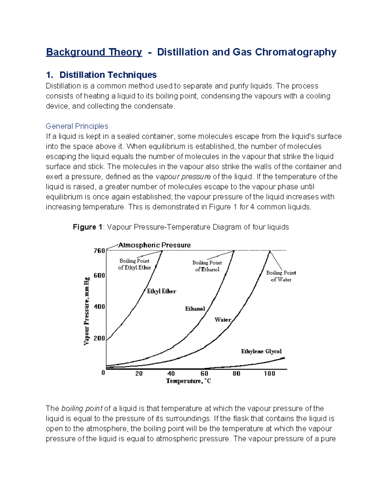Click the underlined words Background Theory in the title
(94, 52)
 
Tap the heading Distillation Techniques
(108, 75)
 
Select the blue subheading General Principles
(77, 126)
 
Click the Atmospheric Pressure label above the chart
(154, 245)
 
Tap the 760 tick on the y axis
(99, 251)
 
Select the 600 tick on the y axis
(99, 276)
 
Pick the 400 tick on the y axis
(99, 307)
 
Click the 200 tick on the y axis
(99, 338)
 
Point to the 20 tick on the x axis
(139, 374)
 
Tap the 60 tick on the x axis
(204, 374)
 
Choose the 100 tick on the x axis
(269, 374)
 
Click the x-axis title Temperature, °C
(188, 381)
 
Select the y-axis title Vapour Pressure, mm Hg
(86, 311)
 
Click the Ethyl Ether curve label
(162, 291)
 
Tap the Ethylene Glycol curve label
(261, 351)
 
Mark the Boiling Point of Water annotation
(281, 276)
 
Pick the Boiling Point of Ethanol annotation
(207, 266)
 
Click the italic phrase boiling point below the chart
(82, 409)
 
